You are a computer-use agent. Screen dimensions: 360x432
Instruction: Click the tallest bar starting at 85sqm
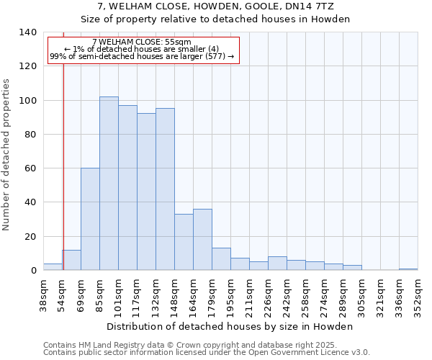point(109,184)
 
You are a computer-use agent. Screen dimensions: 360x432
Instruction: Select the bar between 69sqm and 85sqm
point(90,219)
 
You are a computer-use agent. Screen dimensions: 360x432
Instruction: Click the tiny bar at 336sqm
point(408,269)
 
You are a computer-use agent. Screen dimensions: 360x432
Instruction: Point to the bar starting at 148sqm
point(184,242)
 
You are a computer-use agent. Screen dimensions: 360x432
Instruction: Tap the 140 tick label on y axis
point(27,32)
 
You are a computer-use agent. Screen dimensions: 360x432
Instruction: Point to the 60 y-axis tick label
point(30,168)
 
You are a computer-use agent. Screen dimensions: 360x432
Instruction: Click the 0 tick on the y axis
point(33,271)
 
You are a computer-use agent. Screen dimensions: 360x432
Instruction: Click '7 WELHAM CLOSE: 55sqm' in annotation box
point(142,42)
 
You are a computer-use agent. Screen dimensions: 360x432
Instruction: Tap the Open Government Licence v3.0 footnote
point(207,353)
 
